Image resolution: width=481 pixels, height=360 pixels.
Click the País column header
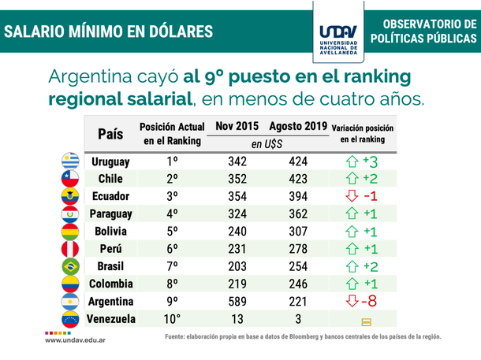pos(111,134)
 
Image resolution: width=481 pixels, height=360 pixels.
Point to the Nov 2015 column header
pos(236,126)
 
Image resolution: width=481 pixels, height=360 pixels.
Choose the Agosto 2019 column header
pos(296,126)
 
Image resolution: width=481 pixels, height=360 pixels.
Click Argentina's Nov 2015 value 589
pos(236,302)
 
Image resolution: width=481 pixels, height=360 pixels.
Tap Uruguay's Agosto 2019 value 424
pos(296,161)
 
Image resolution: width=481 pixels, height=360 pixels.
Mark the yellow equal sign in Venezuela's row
pos(365,321)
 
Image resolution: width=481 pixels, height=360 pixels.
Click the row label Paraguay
pos(111,213)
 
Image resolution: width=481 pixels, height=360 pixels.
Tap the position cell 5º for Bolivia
pos(172,232)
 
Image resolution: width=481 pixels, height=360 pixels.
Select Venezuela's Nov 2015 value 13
pos(236,319)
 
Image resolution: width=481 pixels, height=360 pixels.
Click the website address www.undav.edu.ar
pos(76,340)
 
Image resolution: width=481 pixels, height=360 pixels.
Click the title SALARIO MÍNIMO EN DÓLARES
pos(108,32)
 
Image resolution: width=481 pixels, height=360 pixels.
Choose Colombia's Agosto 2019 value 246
pos(296,284)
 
